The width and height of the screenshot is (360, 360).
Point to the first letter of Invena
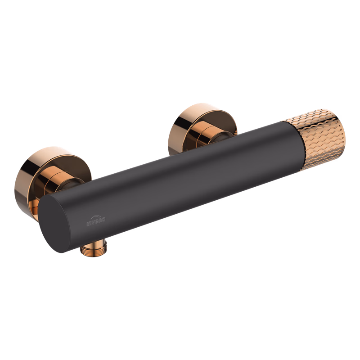pos(87,224)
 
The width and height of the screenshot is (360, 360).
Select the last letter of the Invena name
pos(103,220)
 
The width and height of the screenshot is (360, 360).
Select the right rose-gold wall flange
pos(202,129)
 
